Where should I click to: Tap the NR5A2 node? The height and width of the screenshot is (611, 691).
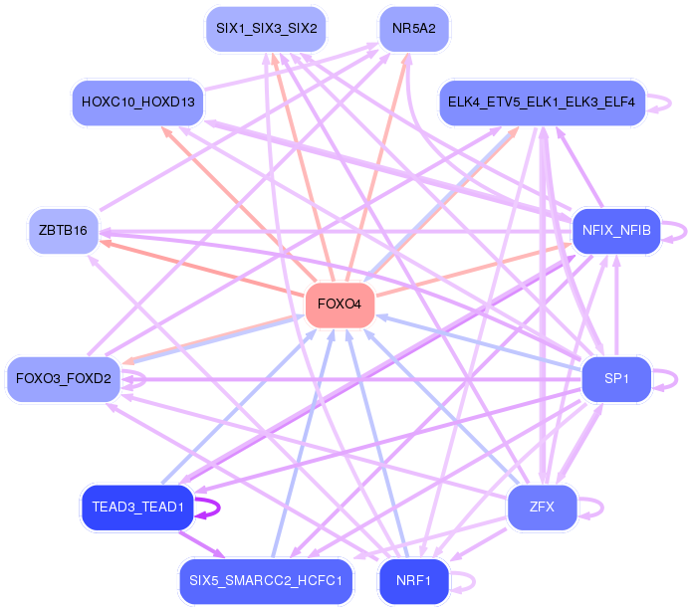(x=414, y=29)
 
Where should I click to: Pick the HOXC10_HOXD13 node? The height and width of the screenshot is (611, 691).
(x=138, y=102)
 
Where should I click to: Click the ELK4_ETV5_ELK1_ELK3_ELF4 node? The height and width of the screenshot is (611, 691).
(x=542, y=102)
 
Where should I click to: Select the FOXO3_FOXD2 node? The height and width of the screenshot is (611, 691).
(x=64, y=379)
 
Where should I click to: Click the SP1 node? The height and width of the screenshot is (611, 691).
(x=616, y=379)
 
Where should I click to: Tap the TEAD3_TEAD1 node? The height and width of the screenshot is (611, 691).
(x=137, y=507)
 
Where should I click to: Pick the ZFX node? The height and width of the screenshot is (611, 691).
(x=542, y=507)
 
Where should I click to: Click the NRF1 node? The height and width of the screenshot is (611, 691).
(x=413, y=580)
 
